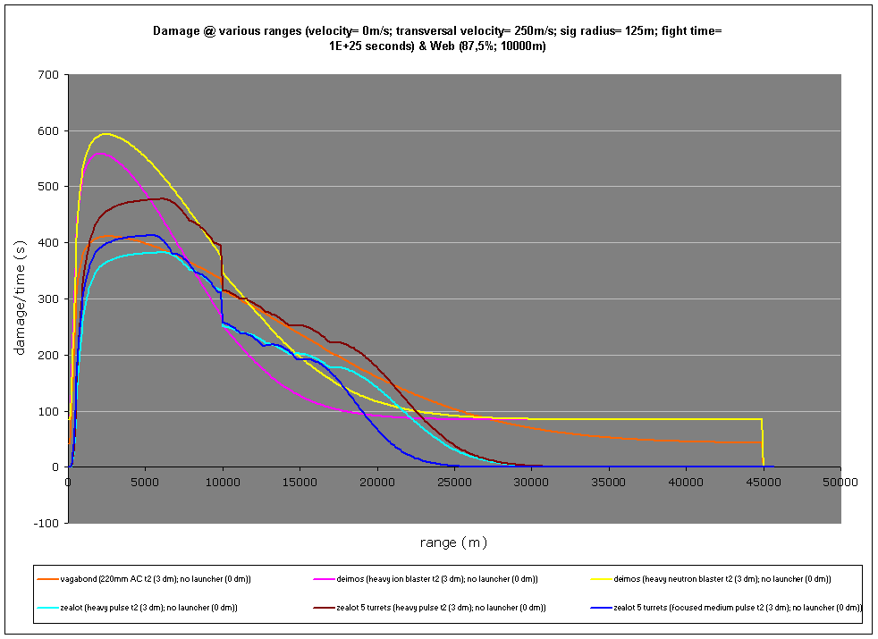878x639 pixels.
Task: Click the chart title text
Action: tap(438, 38)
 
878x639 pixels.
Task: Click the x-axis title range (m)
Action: tap(453, 542)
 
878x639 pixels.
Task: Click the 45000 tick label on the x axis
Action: tap(763, 482)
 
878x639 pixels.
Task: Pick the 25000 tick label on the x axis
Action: tap(454, 482)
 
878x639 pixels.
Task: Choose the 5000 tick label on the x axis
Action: tap(146, 482)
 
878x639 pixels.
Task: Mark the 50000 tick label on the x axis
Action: tap(840, 482)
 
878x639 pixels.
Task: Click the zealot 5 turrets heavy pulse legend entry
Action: tap(441, 608)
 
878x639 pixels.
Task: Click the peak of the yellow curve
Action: tap(106, 134)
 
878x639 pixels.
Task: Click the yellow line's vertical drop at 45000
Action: tap(763, 442)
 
